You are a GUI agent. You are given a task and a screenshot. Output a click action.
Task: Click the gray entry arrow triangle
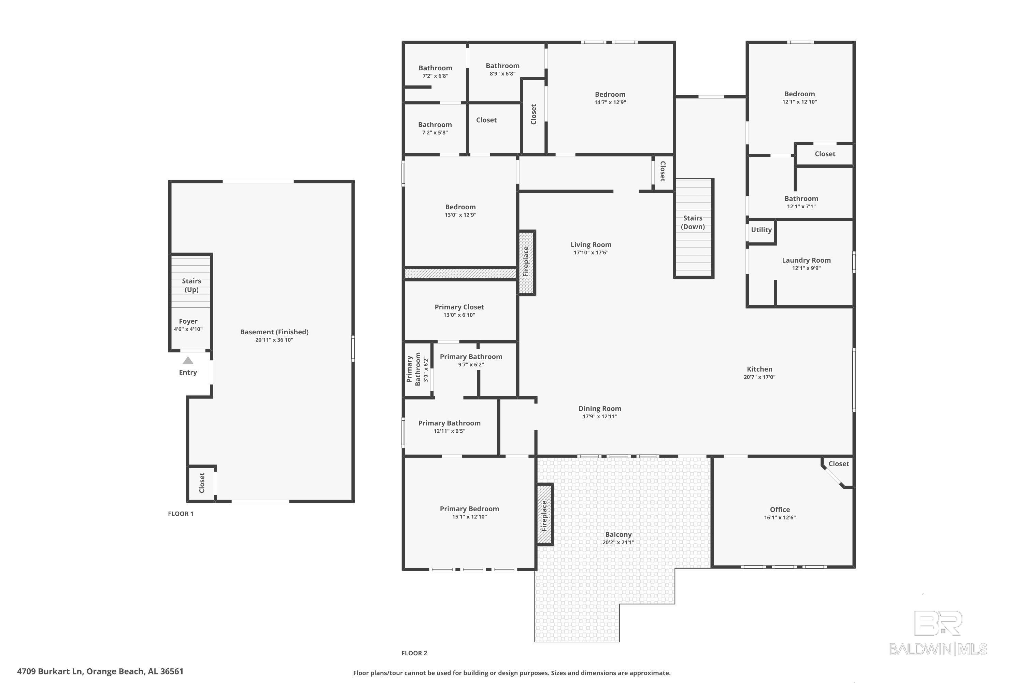pos(188,360)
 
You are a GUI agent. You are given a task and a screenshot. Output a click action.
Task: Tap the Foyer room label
pos(188,321)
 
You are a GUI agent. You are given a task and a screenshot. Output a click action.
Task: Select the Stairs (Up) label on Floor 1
pos(191,285)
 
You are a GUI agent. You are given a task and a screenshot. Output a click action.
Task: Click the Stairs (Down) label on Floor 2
pos(693,222)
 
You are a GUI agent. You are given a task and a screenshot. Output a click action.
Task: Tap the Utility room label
pos(761,230)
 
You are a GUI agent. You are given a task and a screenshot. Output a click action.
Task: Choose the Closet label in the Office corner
pos(839,464)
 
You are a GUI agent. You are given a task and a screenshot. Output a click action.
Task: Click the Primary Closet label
pos(459,307)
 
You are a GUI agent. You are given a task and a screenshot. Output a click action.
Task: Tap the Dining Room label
pos(599,408)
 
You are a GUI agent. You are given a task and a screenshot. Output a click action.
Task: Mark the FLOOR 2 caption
pos(414,653)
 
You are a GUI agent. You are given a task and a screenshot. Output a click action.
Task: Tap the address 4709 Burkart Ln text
pos(100,671)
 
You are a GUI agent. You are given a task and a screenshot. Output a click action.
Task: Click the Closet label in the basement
pos(202,483)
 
